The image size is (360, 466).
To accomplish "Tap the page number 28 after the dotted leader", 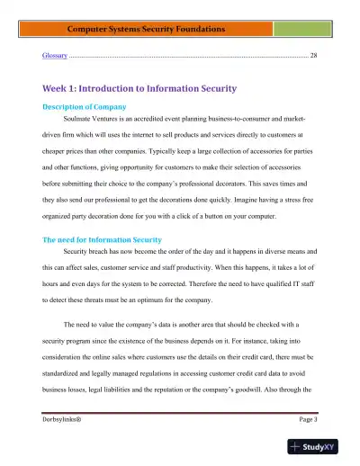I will (x=313, y=56).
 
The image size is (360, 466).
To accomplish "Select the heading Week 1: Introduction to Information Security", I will (x=139, y=89).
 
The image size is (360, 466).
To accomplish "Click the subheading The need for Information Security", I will (x=102, y=240).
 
